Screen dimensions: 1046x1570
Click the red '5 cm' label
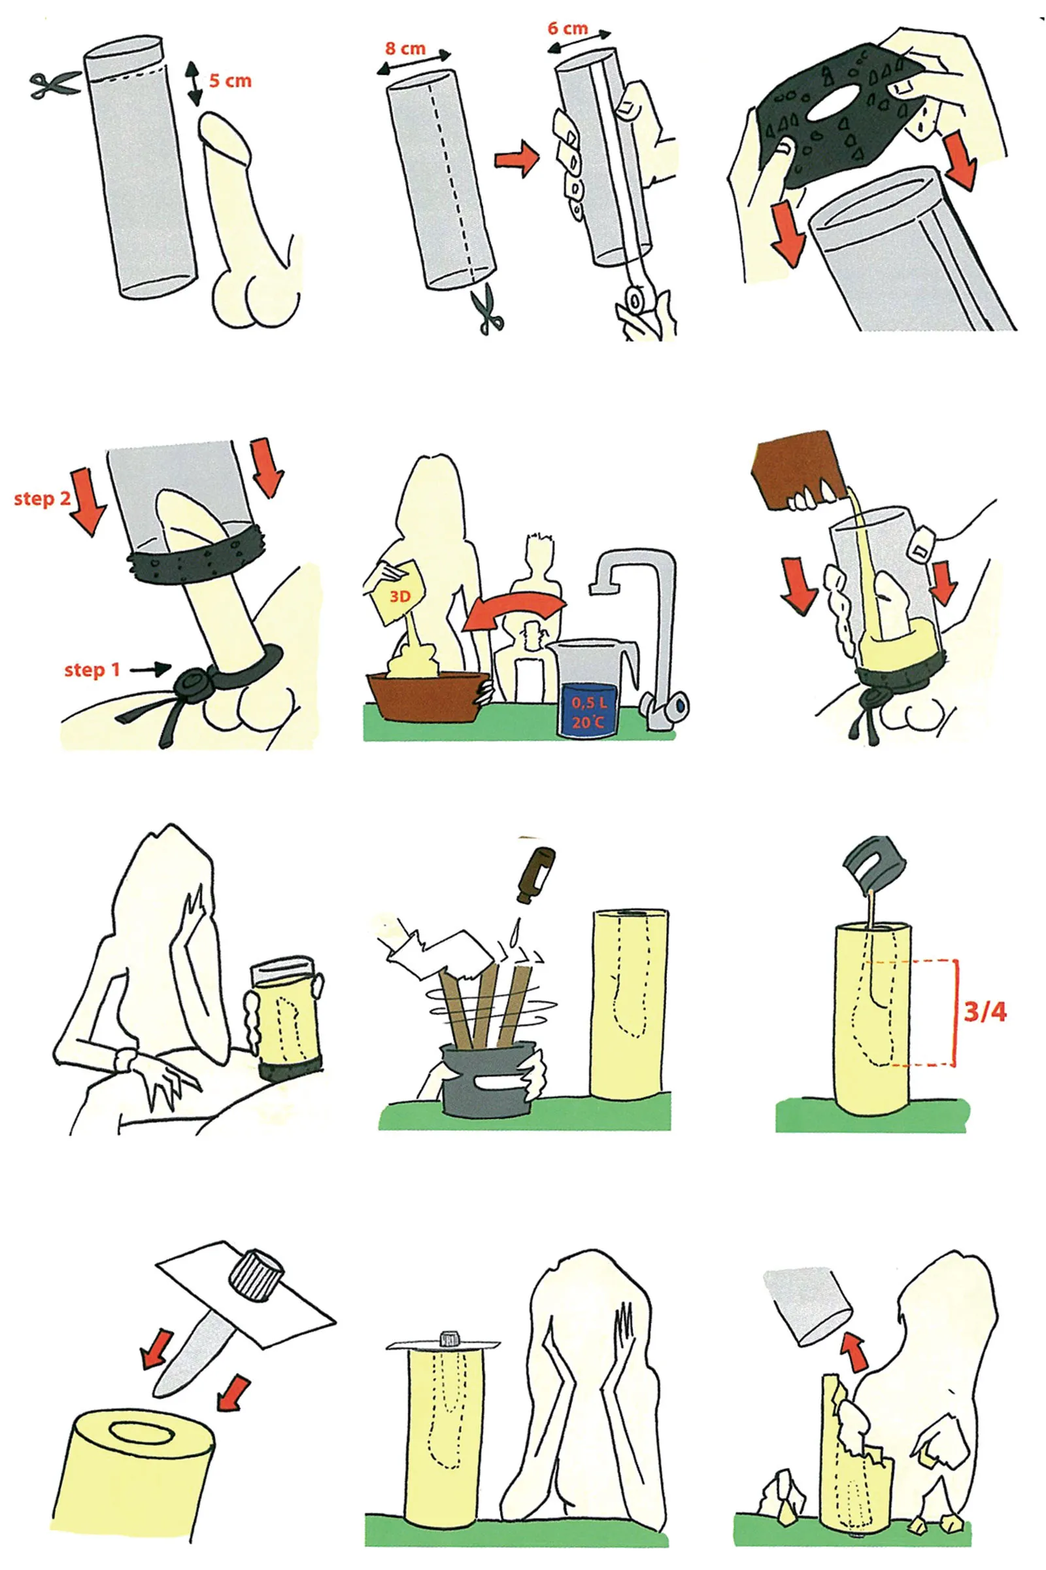point(230,80)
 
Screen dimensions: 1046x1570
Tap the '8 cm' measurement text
point(405,48)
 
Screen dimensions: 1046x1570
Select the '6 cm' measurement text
point(567,28)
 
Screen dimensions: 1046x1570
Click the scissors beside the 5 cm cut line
point(54,85)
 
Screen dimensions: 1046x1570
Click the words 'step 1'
point(92,669)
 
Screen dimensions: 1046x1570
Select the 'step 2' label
point(42,498)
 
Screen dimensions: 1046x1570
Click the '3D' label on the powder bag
point(399,596)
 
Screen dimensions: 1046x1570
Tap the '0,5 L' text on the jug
point(589,702)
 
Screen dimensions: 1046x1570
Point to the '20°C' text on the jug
point(588,722)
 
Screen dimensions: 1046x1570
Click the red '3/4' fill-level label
point(985,1011)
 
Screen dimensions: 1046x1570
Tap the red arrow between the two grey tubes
point(516,159)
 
